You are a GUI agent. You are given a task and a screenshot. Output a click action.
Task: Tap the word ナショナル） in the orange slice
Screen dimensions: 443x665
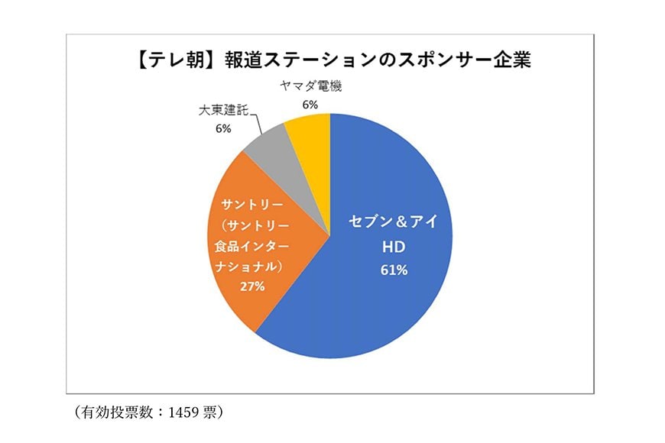point(247,267)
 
